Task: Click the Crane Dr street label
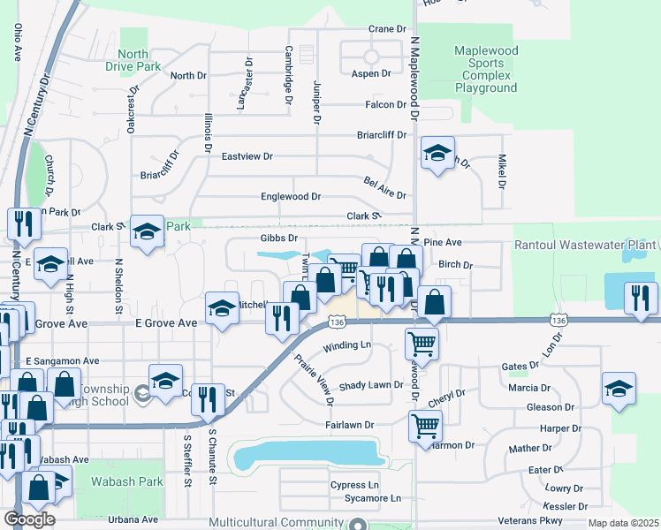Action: [x=387, y=29]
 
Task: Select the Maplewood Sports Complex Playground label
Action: [x=485, y=70]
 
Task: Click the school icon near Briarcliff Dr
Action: [x=437, y=155]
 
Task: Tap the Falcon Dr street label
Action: [x=385, y=104]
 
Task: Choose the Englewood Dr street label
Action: [x=290, y=196]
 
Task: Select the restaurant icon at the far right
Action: [x=641, y=299]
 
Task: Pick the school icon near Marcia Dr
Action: [x=619, y=390]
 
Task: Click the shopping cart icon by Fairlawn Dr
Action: [x=425, y=428]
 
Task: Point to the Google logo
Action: [x=30, y=519]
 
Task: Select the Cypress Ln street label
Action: [x=353, y=486]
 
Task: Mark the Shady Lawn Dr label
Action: [x=371, y=385]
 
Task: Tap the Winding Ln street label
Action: [x=346, y=344]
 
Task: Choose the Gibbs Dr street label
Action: [x=278, y=238]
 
